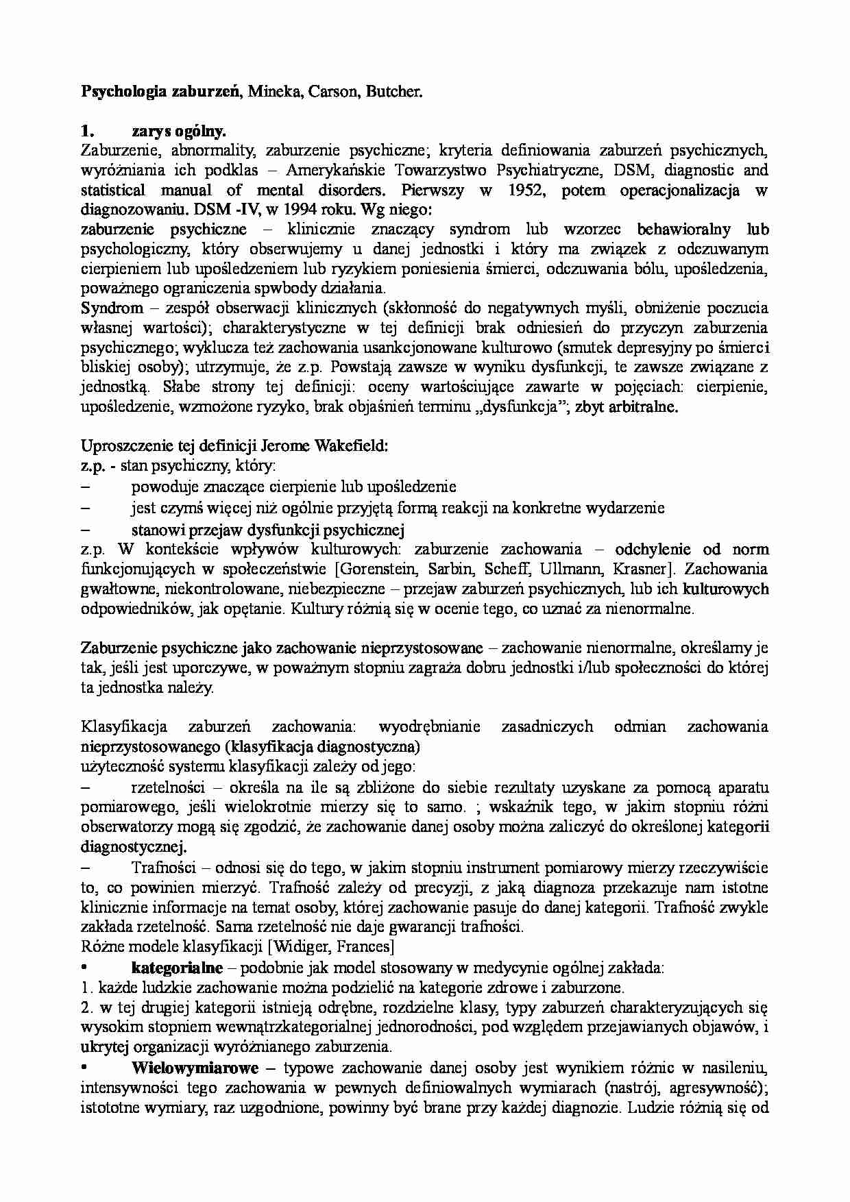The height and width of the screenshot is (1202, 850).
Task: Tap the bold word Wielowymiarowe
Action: pos(195,1068)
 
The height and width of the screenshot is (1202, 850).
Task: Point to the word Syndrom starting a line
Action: pos(112,308)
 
